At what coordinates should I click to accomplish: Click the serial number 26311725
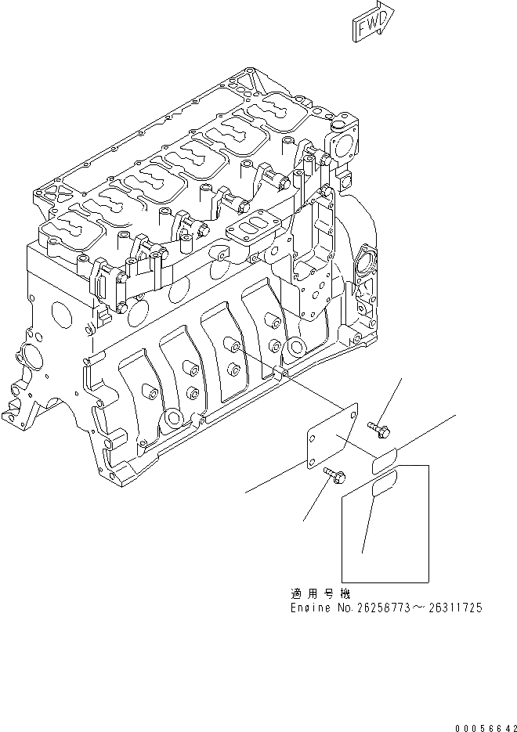point(454,608)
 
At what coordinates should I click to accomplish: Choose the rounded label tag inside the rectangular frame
point(384,488)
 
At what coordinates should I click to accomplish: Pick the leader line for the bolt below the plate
point(314,501)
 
